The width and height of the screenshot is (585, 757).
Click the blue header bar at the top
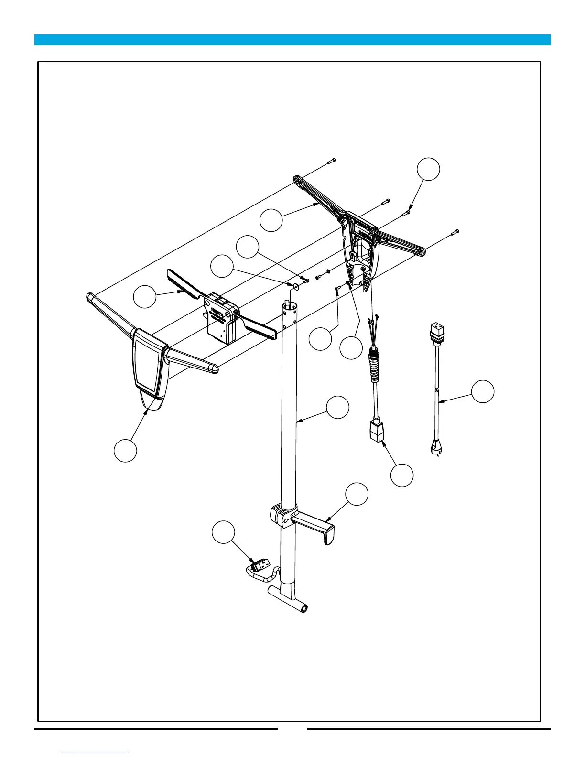(292, 40)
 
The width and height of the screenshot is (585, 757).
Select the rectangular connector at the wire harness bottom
(375, 432)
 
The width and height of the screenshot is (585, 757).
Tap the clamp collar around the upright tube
(283, 515)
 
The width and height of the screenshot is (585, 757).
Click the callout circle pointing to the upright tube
(337, 407)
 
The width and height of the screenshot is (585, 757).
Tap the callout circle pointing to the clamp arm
(357, 494)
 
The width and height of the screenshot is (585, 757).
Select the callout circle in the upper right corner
(428, 169)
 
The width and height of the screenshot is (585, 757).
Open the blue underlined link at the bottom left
(95, 753)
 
